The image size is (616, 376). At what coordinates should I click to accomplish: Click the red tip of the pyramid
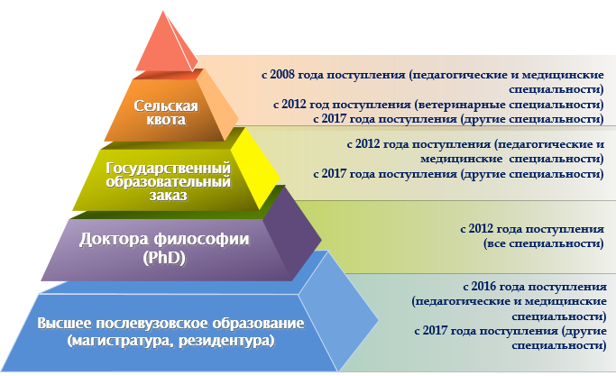coord(165,45)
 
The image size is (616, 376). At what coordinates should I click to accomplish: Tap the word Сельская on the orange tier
coord(166,105)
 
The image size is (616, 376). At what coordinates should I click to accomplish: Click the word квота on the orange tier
coord(166,119)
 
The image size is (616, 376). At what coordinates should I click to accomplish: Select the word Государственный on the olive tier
coord(168,168)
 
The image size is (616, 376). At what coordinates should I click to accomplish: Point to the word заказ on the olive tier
coord(168,196)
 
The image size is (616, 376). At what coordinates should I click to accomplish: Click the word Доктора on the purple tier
coord(114,239)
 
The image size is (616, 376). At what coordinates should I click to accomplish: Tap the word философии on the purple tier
coord(201,239)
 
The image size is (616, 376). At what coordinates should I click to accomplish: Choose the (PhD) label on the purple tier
coord(164,258)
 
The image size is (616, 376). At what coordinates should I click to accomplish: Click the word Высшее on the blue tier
coord(65,323)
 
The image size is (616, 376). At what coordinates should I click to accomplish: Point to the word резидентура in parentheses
coord(226,340)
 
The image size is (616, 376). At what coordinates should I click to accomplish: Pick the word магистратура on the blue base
coord(121,340)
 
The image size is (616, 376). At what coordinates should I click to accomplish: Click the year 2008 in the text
coord(282,74)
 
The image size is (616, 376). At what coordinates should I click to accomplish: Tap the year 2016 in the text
coord(483,286)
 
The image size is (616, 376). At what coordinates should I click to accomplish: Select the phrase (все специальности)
coord(543,243)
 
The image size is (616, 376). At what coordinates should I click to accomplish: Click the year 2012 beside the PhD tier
coord(481,229)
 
